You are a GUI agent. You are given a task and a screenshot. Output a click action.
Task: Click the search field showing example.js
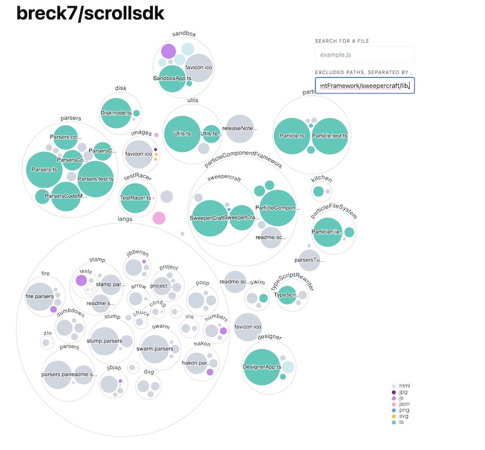365,55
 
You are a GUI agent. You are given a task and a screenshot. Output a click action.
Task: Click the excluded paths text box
365,86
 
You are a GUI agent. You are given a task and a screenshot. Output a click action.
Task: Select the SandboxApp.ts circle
172,79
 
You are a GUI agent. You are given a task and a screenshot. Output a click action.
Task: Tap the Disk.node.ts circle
116,113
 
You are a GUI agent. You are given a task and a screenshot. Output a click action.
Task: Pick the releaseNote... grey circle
239,128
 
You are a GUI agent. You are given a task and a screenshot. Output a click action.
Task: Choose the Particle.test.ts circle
330,136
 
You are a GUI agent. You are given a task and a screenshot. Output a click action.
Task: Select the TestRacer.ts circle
135,198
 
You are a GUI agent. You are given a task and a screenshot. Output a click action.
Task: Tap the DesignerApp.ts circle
263,366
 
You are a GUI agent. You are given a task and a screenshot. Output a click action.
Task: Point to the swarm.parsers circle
155,349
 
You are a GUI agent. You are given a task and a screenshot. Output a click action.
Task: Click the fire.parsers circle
40,296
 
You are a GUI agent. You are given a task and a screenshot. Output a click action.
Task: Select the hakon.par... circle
196,363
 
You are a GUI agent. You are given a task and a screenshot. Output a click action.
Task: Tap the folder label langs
125,219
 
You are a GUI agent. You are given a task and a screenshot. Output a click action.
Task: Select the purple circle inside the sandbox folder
168,52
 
